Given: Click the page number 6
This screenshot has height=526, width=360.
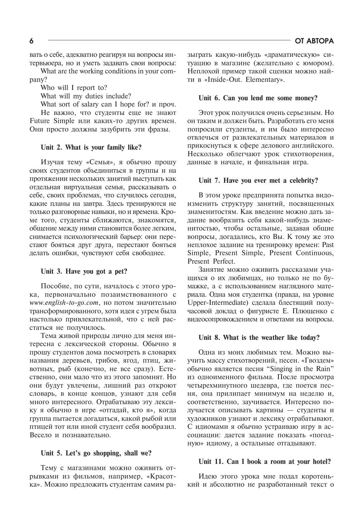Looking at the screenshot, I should tap(31, 41).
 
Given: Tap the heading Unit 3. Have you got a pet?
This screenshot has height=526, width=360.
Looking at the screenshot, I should tap(84, 271).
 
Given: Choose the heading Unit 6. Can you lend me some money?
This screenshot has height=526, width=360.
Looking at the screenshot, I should tap(258, 98).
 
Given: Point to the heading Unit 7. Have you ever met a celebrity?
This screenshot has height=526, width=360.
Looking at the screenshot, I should tap(258, 181).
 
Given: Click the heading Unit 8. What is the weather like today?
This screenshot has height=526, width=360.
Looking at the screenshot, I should tap(259, 338).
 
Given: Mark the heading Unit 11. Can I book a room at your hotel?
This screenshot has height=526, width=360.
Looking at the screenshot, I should tap(265, 462).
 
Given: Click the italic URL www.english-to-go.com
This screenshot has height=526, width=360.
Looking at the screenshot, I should tap(64, 303).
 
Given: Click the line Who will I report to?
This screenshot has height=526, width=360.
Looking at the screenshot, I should tap(74, 88).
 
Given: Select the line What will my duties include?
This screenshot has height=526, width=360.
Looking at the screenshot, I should tap(86, 96).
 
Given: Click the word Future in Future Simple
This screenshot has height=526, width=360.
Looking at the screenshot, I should tap(40, 121).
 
